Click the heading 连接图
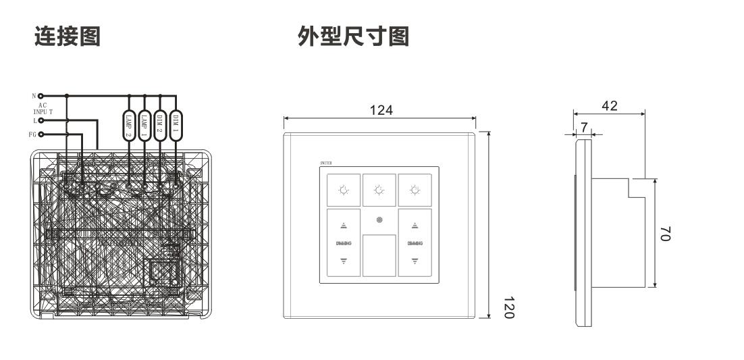coord(68,36)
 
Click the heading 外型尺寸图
coord(354,36)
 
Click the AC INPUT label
coord(41,109)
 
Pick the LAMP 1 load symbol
coord(144,125)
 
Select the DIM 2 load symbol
coord(160,125)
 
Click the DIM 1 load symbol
coord(176,125)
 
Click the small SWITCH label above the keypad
coord(326,163)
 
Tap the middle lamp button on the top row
coord(379,190)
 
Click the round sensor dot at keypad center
coord(379,220)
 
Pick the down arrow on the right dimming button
coord(415,259)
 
